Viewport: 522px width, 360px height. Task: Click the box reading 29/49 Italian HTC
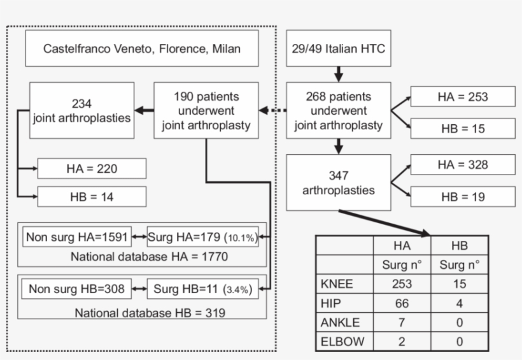click(338, 48)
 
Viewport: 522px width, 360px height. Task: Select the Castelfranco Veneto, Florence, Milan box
click(142, 48)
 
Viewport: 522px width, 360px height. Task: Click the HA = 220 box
click(92, 169)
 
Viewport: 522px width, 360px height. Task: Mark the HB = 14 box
click(92, 196)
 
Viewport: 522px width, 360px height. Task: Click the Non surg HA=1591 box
click(77, 238)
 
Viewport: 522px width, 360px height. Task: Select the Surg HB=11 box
click(202, 289)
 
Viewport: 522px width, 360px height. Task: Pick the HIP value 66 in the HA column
click(402, 303)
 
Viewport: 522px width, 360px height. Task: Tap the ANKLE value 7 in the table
click(402, 322)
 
